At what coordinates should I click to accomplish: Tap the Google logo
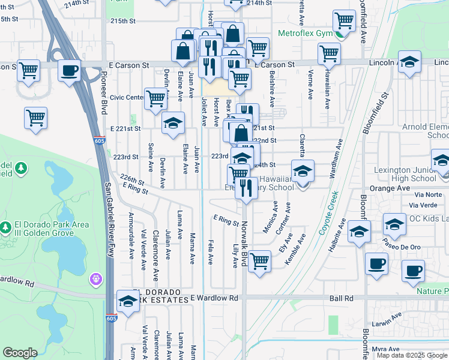pyautogui.click(x=20, y=353)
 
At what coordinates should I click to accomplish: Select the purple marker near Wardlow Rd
pyautogui.click(x=96, y=278)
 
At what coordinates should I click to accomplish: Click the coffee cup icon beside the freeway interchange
pyautogui.click(x=69, y=70)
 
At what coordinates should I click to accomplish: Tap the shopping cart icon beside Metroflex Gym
pyautogui.click(x=344, y=21)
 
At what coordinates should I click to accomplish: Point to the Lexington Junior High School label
pyautogui.click(x=405, y=174)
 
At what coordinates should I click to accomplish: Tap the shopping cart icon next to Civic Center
pyautogui.click(x=155, y=98)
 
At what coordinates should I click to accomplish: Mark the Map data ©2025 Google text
pyautogui.click(x=411, y=355)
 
